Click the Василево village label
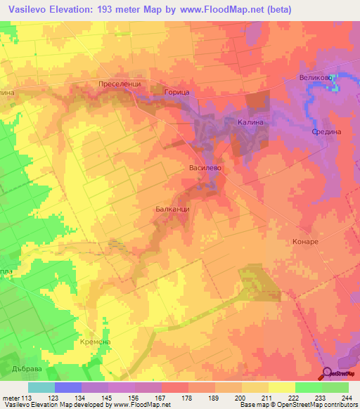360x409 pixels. coord(205,169)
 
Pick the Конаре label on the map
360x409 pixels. coord(304,241)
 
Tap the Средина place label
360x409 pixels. coord(326,131)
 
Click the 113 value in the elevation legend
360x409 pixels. coord(27,397)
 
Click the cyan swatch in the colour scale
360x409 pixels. coord(41,387)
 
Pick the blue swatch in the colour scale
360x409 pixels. coord(67,387)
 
